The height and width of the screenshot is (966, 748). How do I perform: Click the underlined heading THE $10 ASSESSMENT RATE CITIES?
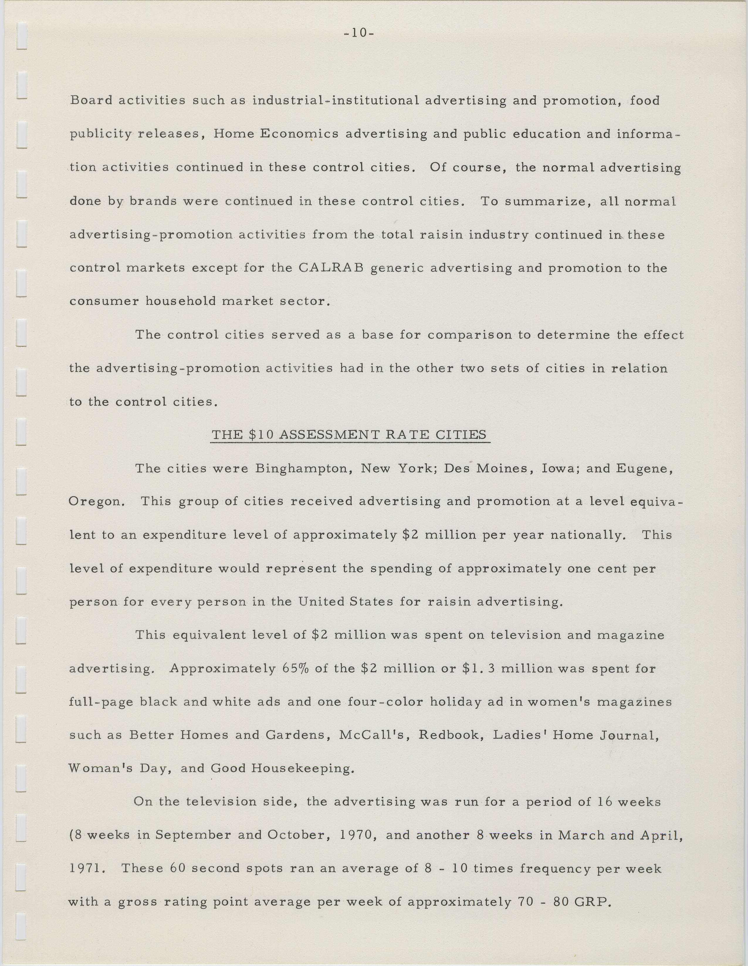click(349, 435)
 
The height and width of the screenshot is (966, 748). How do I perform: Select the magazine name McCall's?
click(372, 735)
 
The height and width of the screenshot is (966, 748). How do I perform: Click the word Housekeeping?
click(303, 768)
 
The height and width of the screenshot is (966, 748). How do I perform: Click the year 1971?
click(88, 868)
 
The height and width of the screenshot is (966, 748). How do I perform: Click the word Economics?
click(298, 134)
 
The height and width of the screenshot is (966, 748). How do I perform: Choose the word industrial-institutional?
click(336, 101)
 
